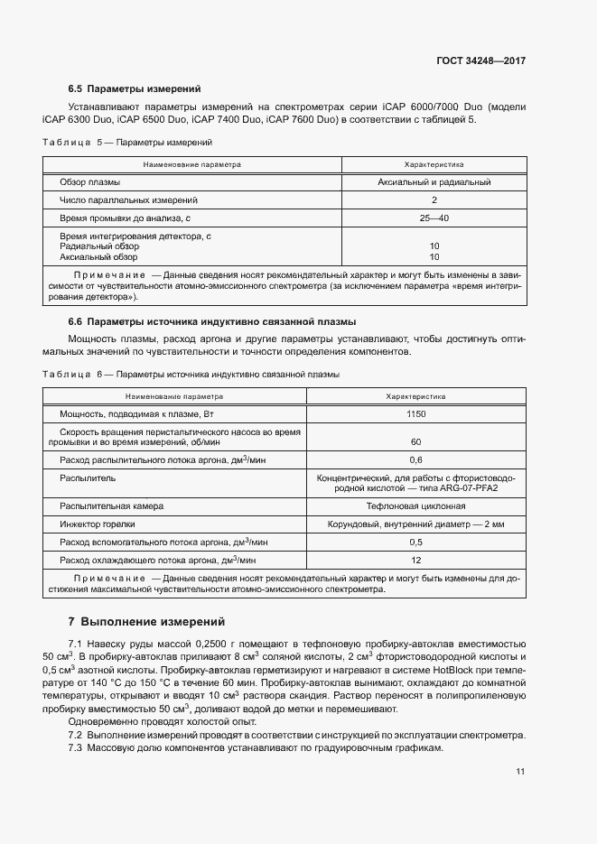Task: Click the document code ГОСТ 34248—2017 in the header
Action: point(482,61)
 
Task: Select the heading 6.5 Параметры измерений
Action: point(134,89)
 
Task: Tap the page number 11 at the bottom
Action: point(520,771)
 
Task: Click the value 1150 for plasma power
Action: point(415,413)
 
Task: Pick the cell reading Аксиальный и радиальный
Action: point(434,182)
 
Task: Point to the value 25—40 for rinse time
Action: point(434,218)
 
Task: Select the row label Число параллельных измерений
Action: point(128,200)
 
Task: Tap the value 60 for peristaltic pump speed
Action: point(415,441)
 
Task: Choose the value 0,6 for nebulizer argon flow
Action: point(415,459)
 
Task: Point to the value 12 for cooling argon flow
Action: point(415,560)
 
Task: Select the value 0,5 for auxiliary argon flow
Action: point(415,542)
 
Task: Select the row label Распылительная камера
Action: point(111,506)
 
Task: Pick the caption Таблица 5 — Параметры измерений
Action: point(127,143)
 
